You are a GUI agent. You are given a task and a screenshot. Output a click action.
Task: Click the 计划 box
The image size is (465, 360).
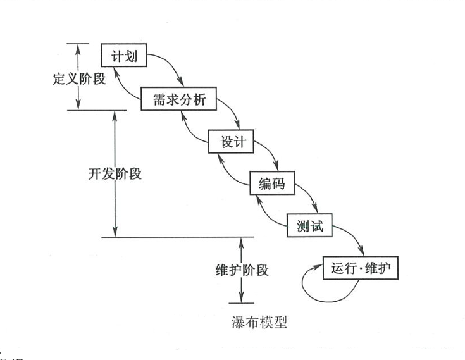(124, 55)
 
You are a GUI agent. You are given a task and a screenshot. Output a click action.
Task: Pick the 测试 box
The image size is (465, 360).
(309, 225)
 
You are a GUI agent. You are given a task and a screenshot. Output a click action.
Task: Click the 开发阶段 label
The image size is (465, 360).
(115, 174)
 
